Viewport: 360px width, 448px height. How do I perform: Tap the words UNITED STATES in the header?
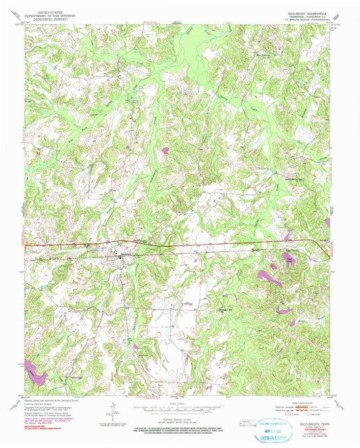pos(43,12)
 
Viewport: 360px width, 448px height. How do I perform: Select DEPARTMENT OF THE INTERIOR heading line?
pos(43,16)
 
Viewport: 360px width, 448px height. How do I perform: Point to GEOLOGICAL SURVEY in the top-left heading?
pos(43,19)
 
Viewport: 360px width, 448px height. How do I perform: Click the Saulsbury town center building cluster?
pos(122,257)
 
